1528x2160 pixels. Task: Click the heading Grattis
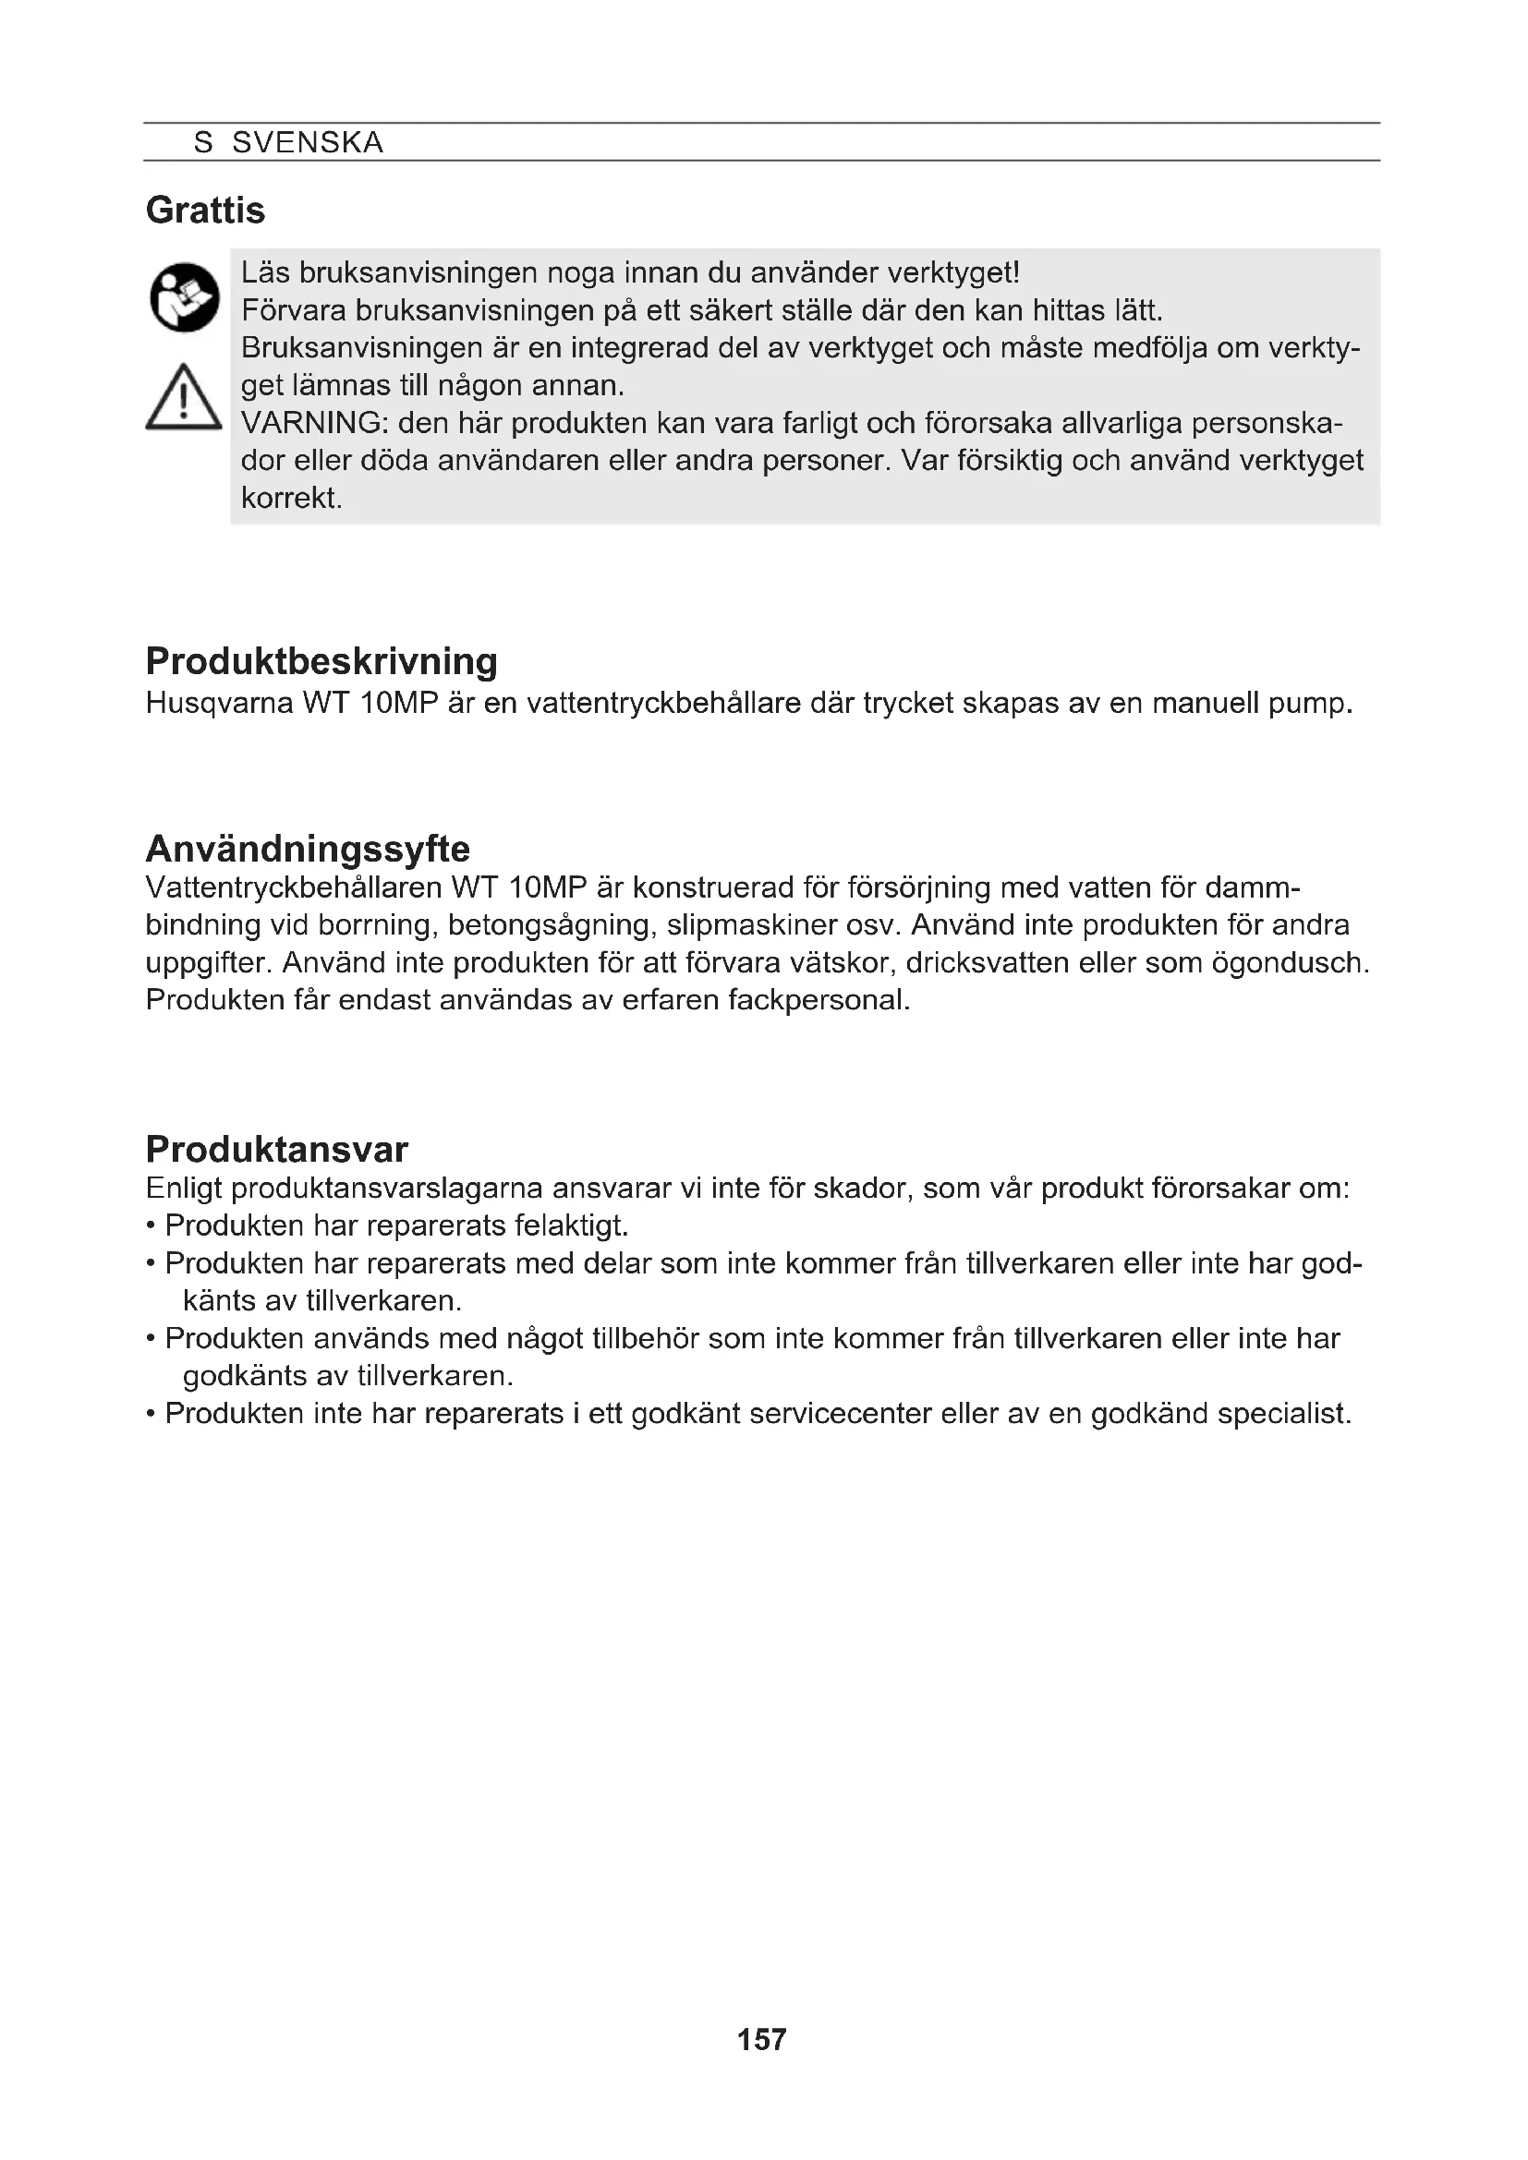[x=205, y=210]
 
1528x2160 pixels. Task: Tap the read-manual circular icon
[x=185, y=297]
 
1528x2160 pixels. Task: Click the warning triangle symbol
[x=184, y=398]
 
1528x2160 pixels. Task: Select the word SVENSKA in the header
[x=308, y=143]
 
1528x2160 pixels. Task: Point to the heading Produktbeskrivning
[x=321, y=661]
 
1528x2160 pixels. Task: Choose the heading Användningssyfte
[x=308, y=849]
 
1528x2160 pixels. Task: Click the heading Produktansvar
[x=276, y=1149]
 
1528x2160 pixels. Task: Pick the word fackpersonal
[x=819, y=999]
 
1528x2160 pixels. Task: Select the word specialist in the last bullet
[x=1283, y=1413]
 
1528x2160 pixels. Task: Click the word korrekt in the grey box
[x=291, y=498]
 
